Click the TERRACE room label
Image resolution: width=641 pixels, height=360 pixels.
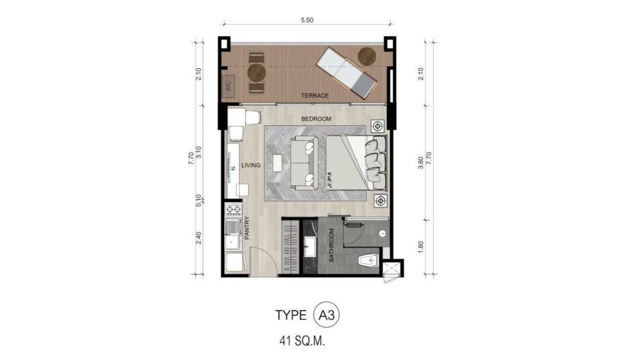coord(315,95)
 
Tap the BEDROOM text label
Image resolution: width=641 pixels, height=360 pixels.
coord(316,119)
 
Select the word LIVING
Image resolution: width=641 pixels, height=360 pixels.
coord(251,165)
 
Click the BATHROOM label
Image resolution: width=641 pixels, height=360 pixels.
coord(331,245)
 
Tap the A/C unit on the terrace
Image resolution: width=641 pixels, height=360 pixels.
coord(228,86)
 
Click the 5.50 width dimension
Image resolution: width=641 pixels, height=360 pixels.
coord(307,21)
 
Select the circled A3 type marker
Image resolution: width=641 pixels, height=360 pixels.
coord(327,315)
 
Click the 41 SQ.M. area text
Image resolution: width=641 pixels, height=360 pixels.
coord(305,341)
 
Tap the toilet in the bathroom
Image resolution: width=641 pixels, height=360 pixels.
coord(368,260)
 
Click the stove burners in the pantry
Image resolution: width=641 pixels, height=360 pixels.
coord(233,210)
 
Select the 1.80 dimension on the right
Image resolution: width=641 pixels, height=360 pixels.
coord(420,247)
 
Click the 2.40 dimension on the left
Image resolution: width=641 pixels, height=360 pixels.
coord(198,238)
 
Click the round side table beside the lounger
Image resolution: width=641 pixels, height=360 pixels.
coord(367,56)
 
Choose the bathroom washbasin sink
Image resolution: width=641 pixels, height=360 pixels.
coord(309,247)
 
